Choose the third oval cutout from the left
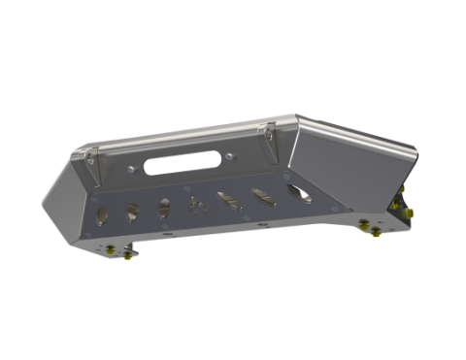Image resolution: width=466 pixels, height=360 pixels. pos(164,208)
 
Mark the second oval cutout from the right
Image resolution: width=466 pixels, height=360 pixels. pos(261,198)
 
